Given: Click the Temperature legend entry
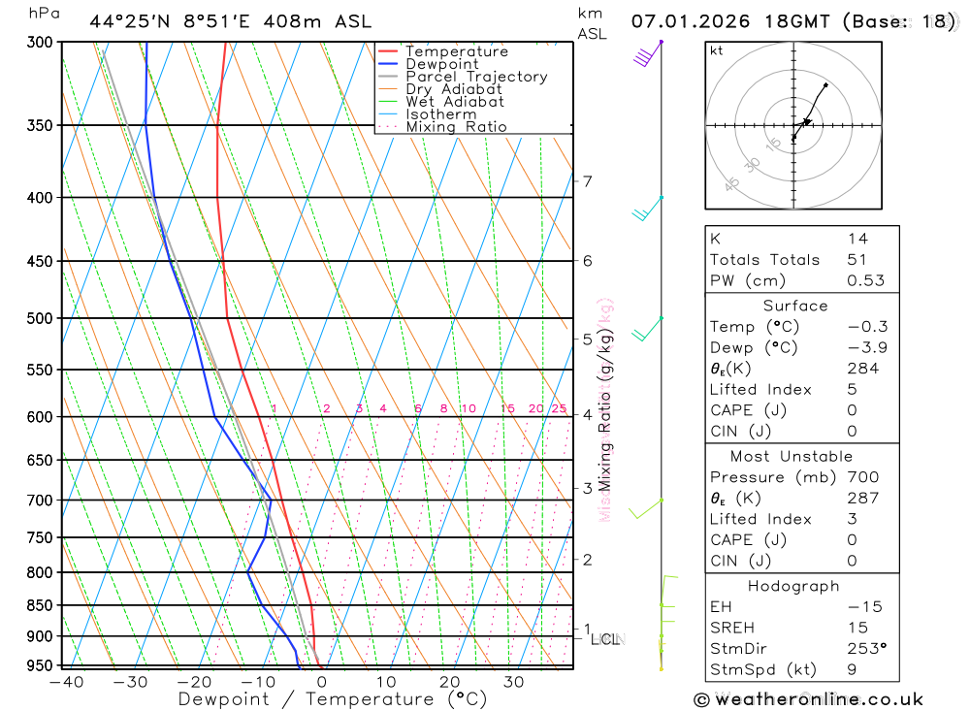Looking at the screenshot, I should (x=456, y=51).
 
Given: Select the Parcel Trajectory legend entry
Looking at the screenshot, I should (x=476, y=77).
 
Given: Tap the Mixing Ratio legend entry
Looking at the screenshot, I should (x=456, y=127).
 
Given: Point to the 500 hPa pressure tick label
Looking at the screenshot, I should (x=40, y=318).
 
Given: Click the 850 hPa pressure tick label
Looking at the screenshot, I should (x=40, y=605).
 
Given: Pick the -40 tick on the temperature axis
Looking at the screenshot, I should (x=66, y=682).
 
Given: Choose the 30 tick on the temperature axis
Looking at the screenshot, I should (x=513, y=682).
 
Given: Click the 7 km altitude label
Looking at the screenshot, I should (x=587, y=181).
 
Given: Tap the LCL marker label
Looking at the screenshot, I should (x=604, y=639).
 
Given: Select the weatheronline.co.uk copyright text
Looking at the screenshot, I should (x=809, y=699).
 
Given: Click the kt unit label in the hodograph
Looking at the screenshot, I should (x=717, y=51).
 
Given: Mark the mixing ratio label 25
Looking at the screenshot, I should (x=559, y=408).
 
